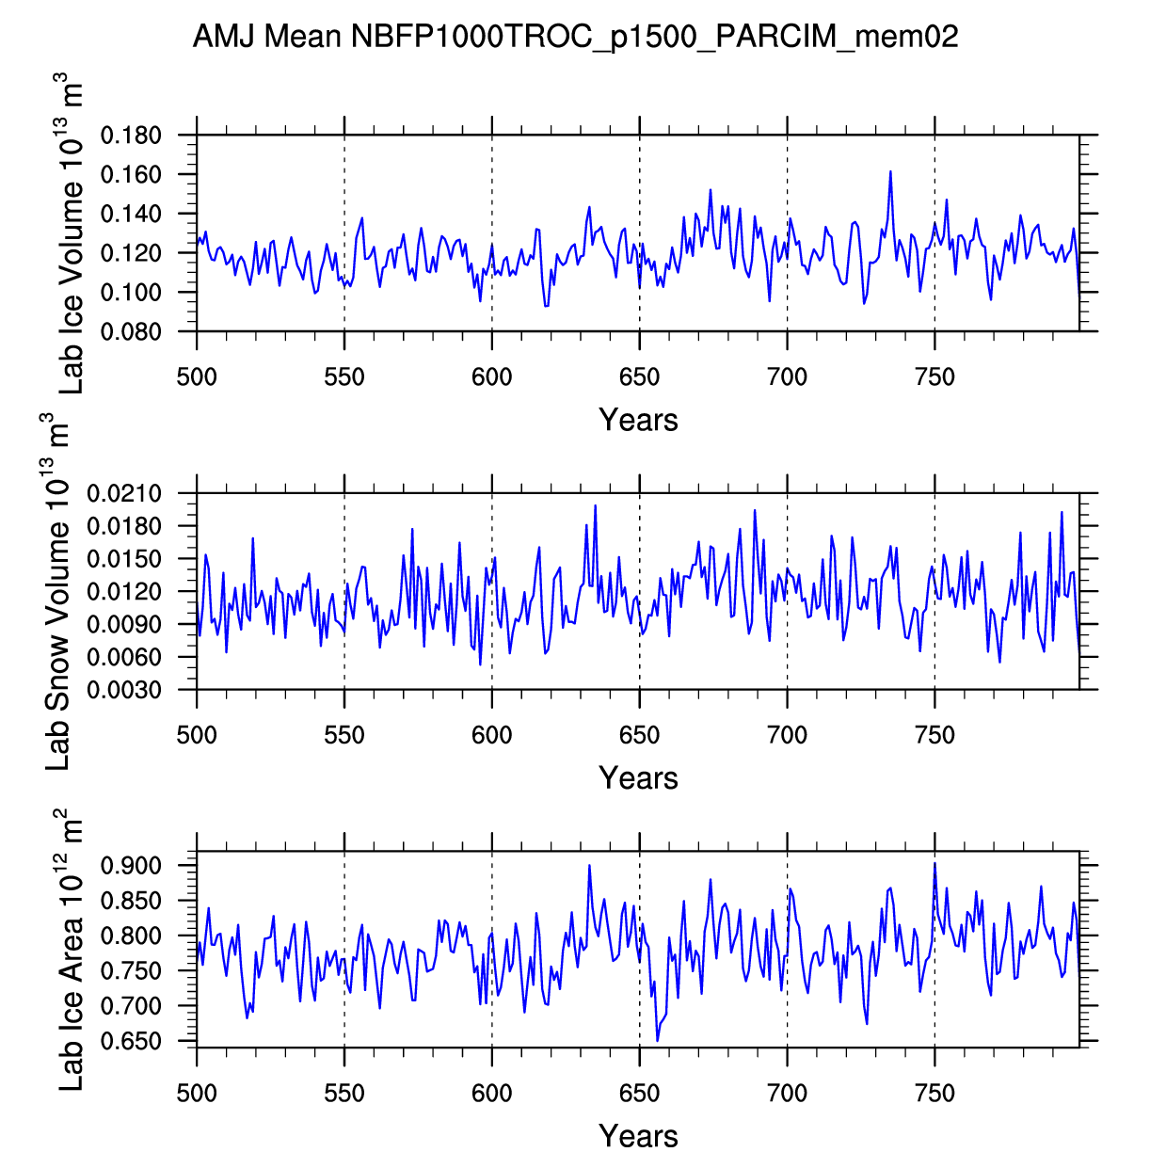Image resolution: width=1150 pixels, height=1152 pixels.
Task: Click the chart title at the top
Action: (575, 37)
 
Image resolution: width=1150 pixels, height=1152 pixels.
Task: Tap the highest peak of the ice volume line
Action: (889, 172)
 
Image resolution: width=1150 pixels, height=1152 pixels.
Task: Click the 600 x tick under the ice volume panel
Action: (491, 378)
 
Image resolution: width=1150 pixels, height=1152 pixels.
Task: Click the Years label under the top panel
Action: (638, 420)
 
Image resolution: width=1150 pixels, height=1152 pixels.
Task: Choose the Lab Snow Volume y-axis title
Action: (58, 591)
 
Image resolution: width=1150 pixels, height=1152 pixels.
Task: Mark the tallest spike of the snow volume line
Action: (595, 505)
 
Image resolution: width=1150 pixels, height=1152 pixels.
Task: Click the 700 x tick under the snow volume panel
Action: (787, 736)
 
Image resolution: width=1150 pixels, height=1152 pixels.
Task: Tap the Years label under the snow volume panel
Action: (638, 778)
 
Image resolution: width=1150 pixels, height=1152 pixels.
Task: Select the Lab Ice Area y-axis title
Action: (72, 950)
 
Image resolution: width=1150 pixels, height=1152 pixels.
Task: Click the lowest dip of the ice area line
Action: (658, 1040)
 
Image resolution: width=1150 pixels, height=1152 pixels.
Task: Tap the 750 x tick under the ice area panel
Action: (934, 1094)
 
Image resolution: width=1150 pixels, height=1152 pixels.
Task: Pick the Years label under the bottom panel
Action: (638, 1136)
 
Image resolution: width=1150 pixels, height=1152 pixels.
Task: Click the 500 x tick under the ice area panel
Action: (197, 1094)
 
